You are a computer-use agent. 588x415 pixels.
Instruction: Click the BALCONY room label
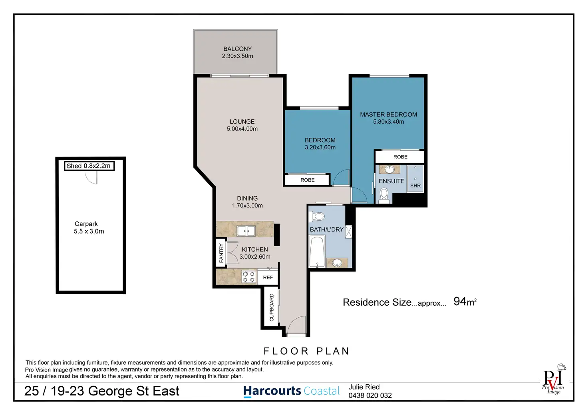(x=237, y=49)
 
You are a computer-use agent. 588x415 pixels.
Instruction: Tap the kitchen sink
(x=246, y=231)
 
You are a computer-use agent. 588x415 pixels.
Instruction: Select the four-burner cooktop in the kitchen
(x=248, y=277)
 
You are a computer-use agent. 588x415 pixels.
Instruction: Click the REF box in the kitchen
(x=268, y=277)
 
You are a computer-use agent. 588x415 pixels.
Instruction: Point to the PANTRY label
(x=221, y=253)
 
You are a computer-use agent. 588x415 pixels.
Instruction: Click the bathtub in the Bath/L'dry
(x=317, y=251)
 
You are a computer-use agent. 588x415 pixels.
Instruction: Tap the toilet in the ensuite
(x=384, y=196)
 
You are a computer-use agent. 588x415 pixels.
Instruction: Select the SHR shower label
(x=415, y=186)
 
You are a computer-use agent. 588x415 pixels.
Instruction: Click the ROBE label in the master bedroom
(x=400, y=157)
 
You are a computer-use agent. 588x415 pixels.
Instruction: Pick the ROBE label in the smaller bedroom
(x=308, y=180)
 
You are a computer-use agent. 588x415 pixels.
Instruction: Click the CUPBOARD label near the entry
(x=271, y=307)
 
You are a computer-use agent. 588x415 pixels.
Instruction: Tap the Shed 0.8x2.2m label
(x=88, y=166)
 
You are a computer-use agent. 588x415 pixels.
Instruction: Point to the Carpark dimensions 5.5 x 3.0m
(x=89, y=231)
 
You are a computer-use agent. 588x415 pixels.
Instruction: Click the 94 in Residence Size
(x=460, y=302)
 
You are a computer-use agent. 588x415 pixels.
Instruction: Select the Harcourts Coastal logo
(x=291, y=391)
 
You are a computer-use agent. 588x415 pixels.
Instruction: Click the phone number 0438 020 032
(x=370, y=395)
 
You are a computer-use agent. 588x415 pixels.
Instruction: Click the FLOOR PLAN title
(x=307, y=351)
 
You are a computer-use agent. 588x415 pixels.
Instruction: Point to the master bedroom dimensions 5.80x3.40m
(x=389, y=122)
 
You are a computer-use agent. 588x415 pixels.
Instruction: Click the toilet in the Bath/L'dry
(x=317, y=217)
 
